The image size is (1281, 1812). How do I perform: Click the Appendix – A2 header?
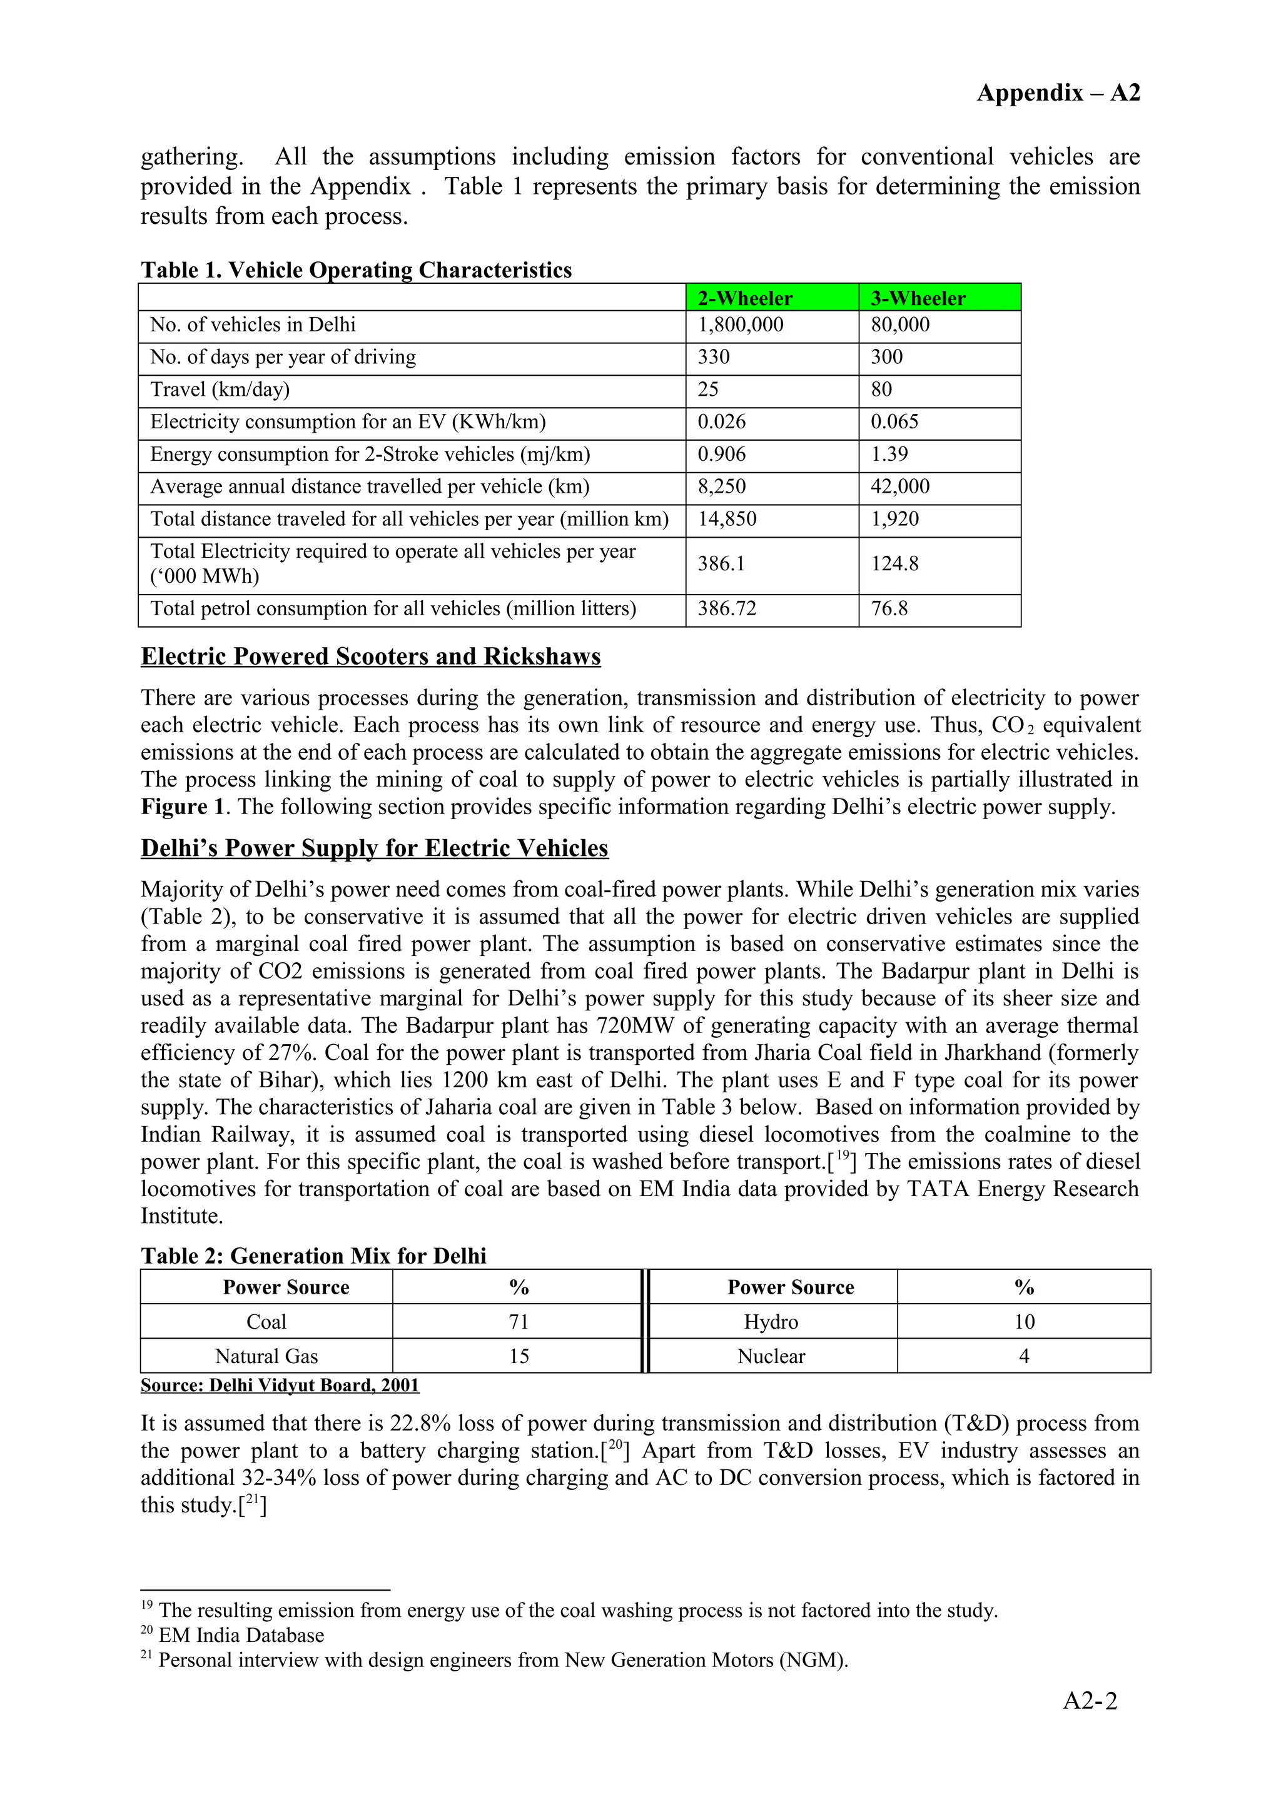(x=1058, y=93)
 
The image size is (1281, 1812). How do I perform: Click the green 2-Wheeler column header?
(x=744, y=298)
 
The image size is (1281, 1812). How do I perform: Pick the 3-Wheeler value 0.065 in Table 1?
(x=894, y=421)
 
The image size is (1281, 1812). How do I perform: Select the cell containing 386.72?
(x=726, y=609)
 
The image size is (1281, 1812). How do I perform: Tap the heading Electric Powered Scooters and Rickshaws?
(x=370, y=657)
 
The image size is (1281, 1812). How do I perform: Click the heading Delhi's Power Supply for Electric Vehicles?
(x=374, y=848)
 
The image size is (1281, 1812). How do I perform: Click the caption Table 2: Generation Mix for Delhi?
(x=313, y=1256)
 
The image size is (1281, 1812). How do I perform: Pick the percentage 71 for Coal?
(x=518, y=1322)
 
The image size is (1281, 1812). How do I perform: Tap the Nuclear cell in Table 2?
(x=771, y=1357)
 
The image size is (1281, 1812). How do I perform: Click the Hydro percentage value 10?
(x=1024, y=1322)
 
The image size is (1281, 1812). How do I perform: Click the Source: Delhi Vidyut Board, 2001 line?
(x=280, y=1386)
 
